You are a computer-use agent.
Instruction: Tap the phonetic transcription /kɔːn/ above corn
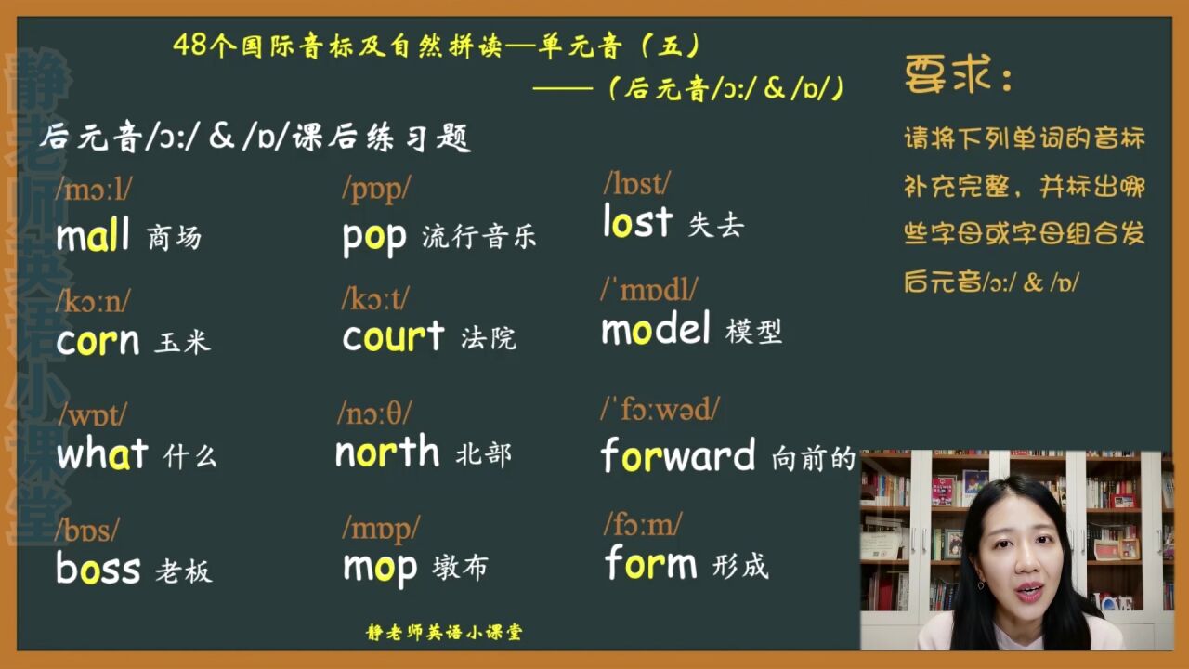(x=92, y=301)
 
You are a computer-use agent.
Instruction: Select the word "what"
(x=102, y=454)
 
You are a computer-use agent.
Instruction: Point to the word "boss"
(x=98, y=568)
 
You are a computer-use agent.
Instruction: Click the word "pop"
(x=374, y=239)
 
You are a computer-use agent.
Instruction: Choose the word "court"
(x=393, y=336)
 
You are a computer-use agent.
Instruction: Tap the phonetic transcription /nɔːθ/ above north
(x=374, y=413)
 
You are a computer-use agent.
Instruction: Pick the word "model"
(x=656, y=329)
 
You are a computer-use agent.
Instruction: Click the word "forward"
(x=678, y=455)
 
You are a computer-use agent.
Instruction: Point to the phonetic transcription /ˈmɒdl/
(x=649, y=290)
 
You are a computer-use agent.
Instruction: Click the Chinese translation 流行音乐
(x=479, y=237)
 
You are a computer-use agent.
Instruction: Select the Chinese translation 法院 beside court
(x=489, y=338)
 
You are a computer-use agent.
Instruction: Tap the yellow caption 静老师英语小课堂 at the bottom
(x=444, y=633)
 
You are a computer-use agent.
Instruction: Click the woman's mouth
(x=1029, y=590)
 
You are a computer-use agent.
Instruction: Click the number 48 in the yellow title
(x=190, y=45)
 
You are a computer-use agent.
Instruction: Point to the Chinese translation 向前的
(x=814, y=459)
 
